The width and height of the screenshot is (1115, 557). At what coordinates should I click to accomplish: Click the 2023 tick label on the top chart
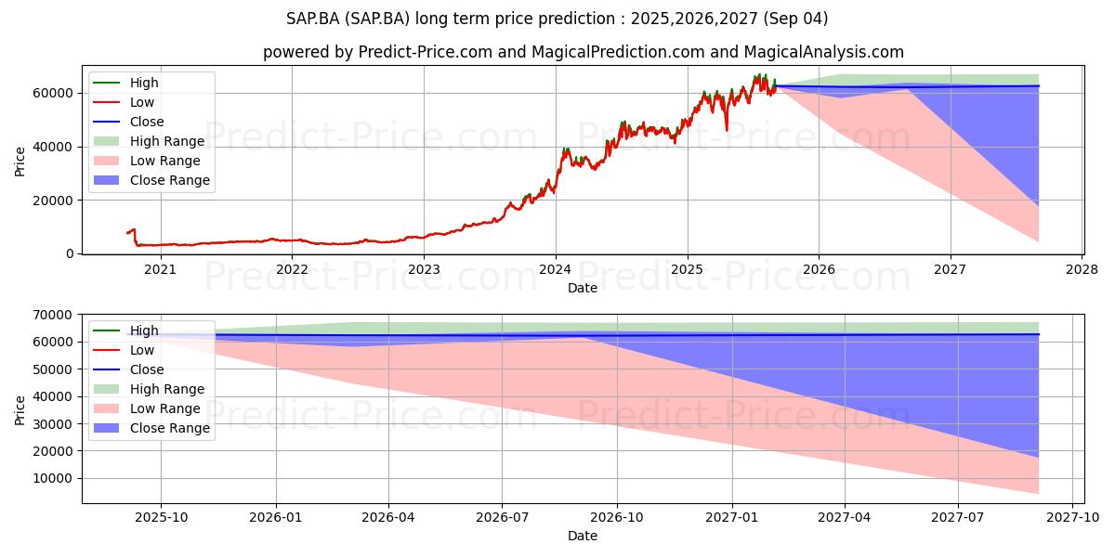[424, 270]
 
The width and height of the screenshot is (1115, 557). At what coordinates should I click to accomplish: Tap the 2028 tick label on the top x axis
[1082, 270]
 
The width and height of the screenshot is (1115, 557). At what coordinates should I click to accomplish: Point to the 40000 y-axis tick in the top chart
[53, 148]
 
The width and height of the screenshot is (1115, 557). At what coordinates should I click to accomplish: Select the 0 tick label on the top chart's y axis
[70, 254]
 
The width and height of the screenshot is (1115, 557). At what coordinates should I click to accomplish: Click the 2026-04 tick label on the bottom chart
[388, 518]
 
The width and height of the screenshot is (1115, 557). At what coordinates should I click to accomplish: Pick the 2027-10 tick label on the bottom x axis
[1073, 518]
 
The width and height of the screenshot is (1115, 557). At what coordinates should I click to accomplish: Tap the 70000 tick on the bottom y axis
[53, 315]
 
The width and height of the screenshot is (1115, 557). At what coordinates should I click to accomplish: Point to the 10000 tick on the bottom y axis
[53, 478]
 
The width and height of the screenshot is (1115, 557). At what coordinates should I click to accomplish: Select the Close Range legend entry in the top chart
[151, 180]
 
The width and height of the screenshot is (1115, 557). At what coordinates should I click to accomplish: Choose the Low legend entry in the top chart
[124, 102]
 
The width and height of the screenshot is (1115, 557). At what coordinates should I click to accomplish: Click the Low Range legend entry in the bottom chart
[147, 408]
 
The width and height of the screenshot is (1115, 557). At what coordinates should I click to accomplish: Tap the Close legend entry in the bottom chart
[128, 369]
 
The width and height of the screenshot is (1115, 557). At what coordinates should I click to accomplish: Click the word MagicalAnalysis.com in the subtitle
[824, 52]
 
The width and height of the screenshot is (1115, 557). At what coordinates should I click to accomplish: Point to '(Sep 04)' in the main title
[795, 19]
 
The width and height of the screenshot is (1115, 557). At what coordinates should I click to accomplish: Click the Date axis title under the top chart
[583, 288]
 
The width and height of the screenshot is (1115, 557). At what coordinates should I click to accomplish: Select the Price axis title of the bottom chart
[20, 410]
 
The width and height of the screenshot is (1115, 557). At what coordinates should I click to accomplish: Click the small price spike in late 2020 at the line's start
[133, 230]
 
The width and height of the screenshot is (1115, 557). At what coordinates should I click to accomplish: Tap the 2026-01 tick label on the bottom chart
[276, 518]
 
